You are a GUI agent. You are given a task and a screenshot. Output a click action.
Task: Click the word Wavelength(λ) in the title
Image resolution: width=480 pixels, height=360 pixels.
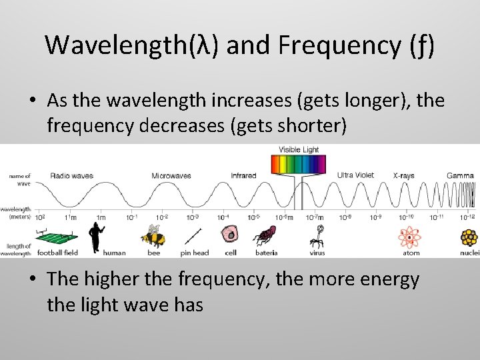[x=133, y=45]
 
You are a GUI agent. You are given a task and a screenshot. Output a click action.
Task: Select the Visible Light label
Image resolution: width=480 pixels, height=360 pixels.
[x=298, y=149]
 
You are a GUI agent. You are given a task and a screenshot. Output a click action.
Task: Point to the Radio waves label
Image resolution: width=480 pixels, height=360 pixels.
[x=71, y=175]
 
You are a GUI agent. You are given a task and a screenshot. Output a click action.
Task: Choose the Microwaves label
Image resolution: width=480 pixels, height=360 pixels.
[x=171, y=176]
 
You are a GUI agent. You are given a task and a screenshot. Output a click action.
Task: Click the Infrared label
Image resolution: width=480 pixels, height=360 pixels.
[x=243, y=176]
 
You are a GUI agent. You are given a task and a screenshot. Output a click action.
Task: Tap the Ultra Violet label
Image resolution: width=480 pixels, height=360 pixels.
[x=355, y=175]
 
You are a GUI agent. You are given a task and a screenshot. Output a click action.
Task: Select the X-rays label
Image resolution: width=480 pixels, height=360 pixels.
[x=403, y=176]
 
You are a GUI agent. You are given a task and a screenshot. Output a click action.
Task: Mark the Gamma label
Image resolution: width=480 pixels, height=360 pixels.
[x=460, y=176]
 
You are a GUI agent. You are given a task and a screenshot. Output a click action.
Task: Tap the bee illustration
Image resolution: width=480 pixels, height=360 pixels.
[x=153, y=236]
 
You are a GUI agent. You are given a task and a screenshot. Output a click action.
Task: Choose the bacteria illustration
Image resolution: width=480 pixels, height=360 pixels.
[x=265, y=235]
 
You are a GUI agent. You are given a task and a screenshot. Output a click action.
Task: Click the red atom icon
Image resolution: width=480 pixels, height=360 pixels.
[x=410, y=236]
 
